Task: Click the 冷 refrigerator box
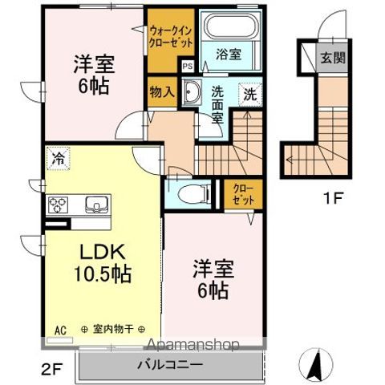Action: [58, 157]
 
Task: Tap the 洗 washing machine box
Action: [249, 92]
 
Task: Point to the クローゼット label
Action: [243, 193]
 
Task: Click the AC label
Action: [59, 329]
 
